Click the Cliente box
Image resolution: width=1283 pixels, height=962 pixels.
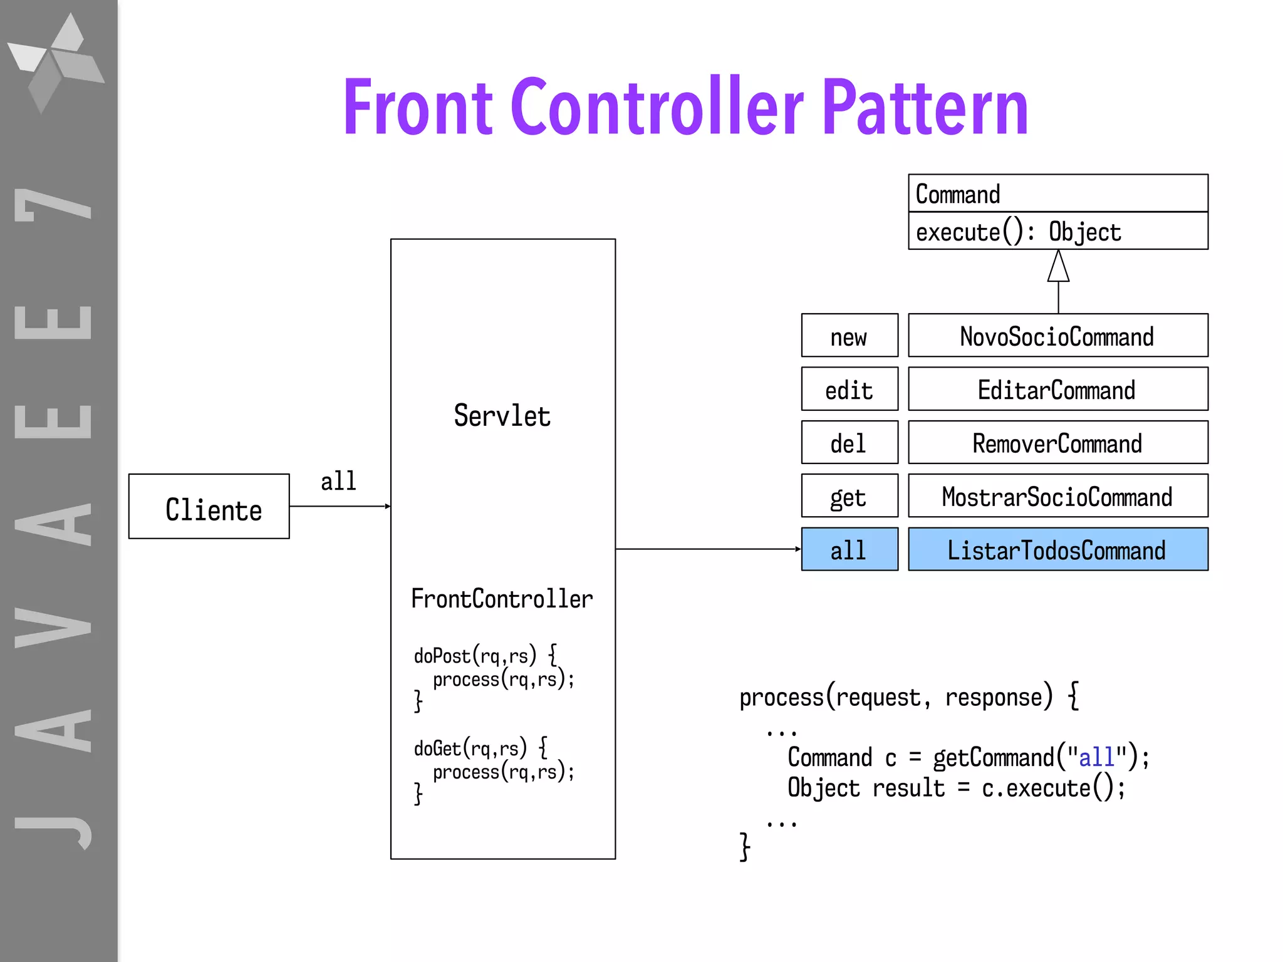209,507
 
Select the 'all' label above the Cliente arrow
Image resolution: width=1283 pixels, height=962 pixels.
338,481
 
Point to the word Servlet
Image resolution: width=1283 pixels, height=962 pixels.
502,416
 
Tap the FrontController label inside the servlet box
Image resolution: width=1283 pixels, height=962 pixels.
501,599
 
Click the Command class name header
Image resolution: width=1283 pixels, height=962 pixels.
1057,194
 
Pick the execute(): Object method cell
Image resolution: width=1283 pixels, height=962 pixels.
1057,232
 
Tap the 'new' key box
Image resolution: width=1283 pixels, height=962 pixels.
849,336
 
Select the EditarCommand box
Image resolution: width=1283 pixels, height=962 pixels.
1057,390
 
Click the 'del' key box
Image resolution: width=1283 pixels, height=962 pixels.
849,443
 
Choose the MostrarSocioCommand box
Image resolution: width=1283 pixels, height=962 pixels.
1057,496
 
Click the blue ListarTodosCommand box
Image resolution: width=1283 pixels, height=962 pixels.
1057,549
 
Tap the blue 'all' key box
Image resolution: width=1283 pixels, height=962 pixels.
849,549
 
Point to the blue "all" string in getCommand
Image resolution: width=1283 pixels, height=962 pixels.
1096,757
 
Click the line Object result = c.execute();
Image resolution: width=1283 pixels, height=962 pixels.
956,788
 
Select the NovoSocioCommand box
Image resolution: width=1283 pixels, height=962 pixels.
1057,336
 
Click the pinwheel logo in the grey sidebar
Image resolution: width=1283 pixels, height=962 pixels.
56,63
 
